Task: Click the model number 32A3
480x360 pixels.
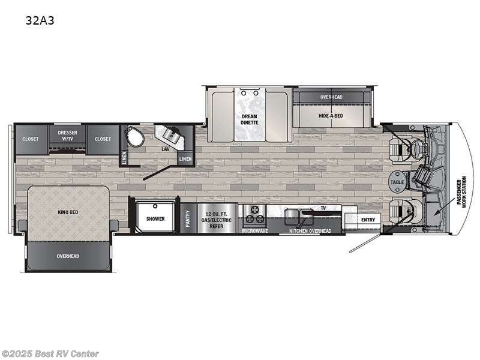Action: [37, 20]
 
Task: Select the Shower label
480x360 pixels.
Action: [155, 218]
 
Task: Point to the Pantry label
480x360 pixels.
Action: [188, 218]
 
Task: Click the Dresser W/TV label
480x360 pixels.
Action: [67, 136]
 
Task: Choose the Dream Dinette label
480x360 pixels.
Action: [249, 119]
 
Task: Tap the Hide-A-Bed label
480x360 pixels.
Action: [331, 115]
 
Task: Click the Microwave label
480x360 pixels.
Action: [254, 230]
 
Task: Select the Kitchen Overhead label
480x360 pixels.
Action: [310, 230]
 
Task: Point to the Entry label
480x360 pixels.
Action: [368, 220]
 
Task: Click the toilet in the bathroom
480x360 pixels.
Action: [133, 137]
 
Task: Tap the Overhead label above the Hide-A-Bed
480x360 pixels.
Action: [331, 97]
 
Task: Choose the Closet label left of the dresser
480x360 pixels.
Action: [31, 139]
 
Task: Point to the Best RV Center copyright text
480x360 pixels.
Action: [50, 354]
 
